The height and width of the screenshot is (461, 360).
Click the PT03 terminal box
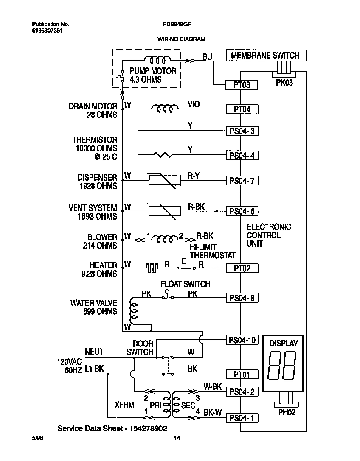(241, 85)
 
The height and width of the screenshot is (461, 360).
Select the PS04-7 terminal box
(242, 181)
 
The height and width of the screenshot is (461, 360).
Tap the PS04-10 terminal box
(242, 340)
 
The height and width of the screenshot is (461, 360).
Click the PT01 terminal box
(241, 374)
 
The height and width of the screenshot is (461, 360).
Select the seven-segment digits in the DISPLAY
(283, 367)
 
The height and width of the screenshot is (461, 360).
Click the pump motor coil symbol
(157, 59)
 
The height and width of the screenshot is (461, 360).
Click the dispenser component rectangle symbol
(161, 181)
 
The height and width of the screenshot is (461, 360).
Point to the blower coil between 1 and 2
(165, 240)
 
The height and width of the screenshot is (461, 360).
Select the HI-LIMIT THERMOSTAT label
(212, 251)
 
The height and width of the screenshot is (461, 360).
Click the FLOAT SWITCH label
(185, 284)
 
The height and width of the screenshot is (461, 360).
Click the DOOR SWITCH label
(140, 348)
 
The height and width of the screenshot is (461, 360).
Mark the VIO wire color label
(194, 104)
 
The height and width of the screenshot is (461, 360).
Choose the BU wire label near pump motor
(207, 56)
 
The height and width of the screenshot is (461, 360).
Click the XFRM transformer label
(124, 405)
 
